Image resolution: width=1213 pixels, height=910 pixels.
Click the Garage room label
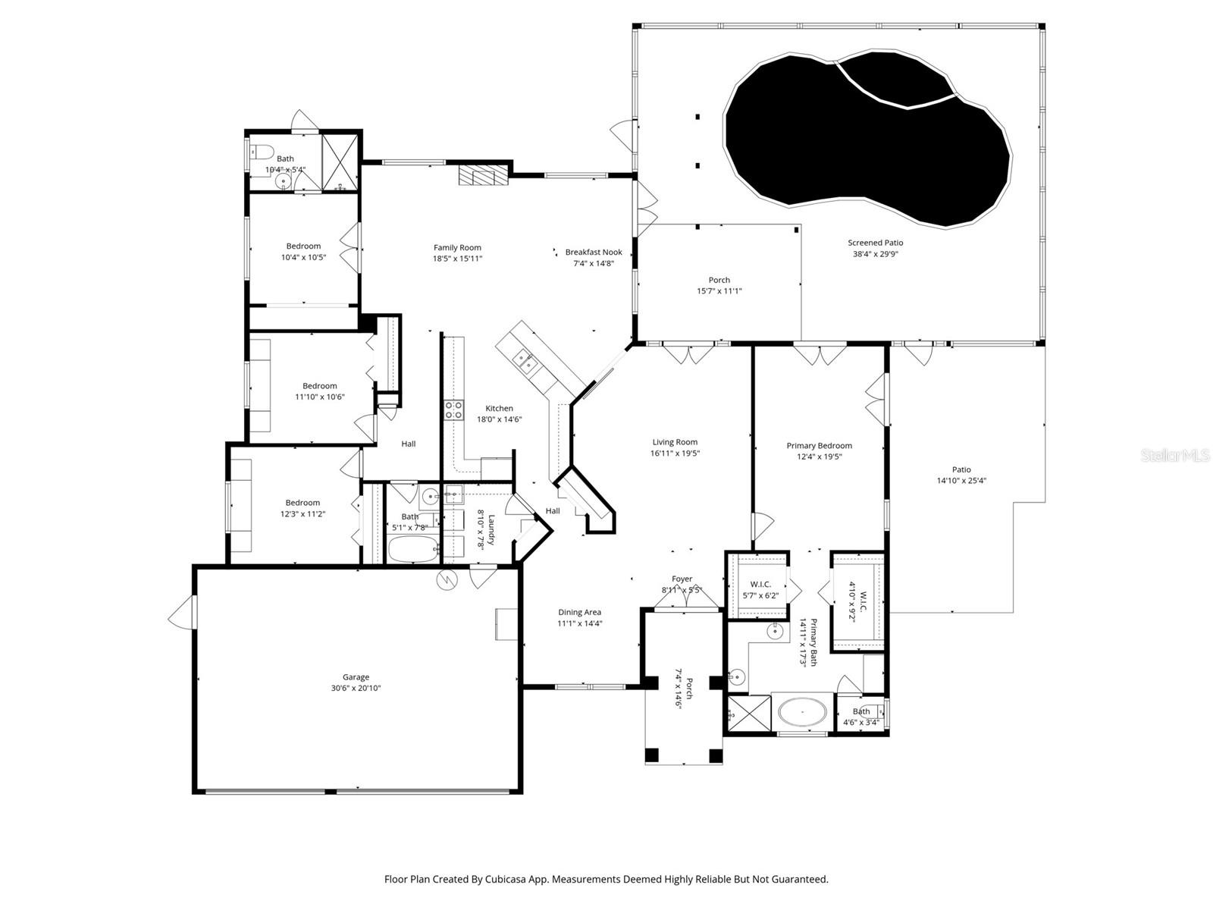click(x=356, y=677)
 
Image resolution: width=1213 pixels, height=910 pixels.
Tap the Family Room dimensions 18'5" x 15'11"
click(x=457, y=259)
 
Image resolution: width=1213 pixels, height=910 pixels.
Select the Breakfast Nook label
click(x=593, y=253)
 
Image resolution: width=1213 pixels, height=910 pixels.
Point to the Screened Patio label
click(x=875, y=243)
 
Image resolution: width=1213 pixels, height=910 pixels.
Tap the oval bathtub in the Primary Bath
click(x=802, y=713)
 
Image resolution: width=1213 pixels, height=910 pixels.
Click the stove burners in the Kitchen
click(x=453, y=410)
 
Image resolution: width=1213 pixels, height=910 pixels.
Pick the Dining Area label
click(x=579, y=612)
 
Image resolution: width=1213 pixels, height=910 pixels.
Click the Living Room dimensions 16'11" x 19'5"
click(x=674, y=453)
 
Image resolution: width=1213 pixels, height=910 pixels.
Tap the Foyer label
click(x=682, y=579)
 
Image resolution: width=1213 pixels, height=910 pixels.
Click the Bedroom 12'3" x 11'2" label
click(x=302, y=503)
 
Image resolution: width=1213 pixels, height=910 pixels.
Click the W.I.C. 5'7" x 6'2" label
click(x=760, y=584)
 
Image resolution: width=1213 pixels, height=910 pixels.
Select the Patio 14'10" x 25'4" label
click(x=961, y=469)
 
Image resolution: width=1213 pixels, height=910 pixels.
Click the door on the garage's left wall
click(x=180, y=612)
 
